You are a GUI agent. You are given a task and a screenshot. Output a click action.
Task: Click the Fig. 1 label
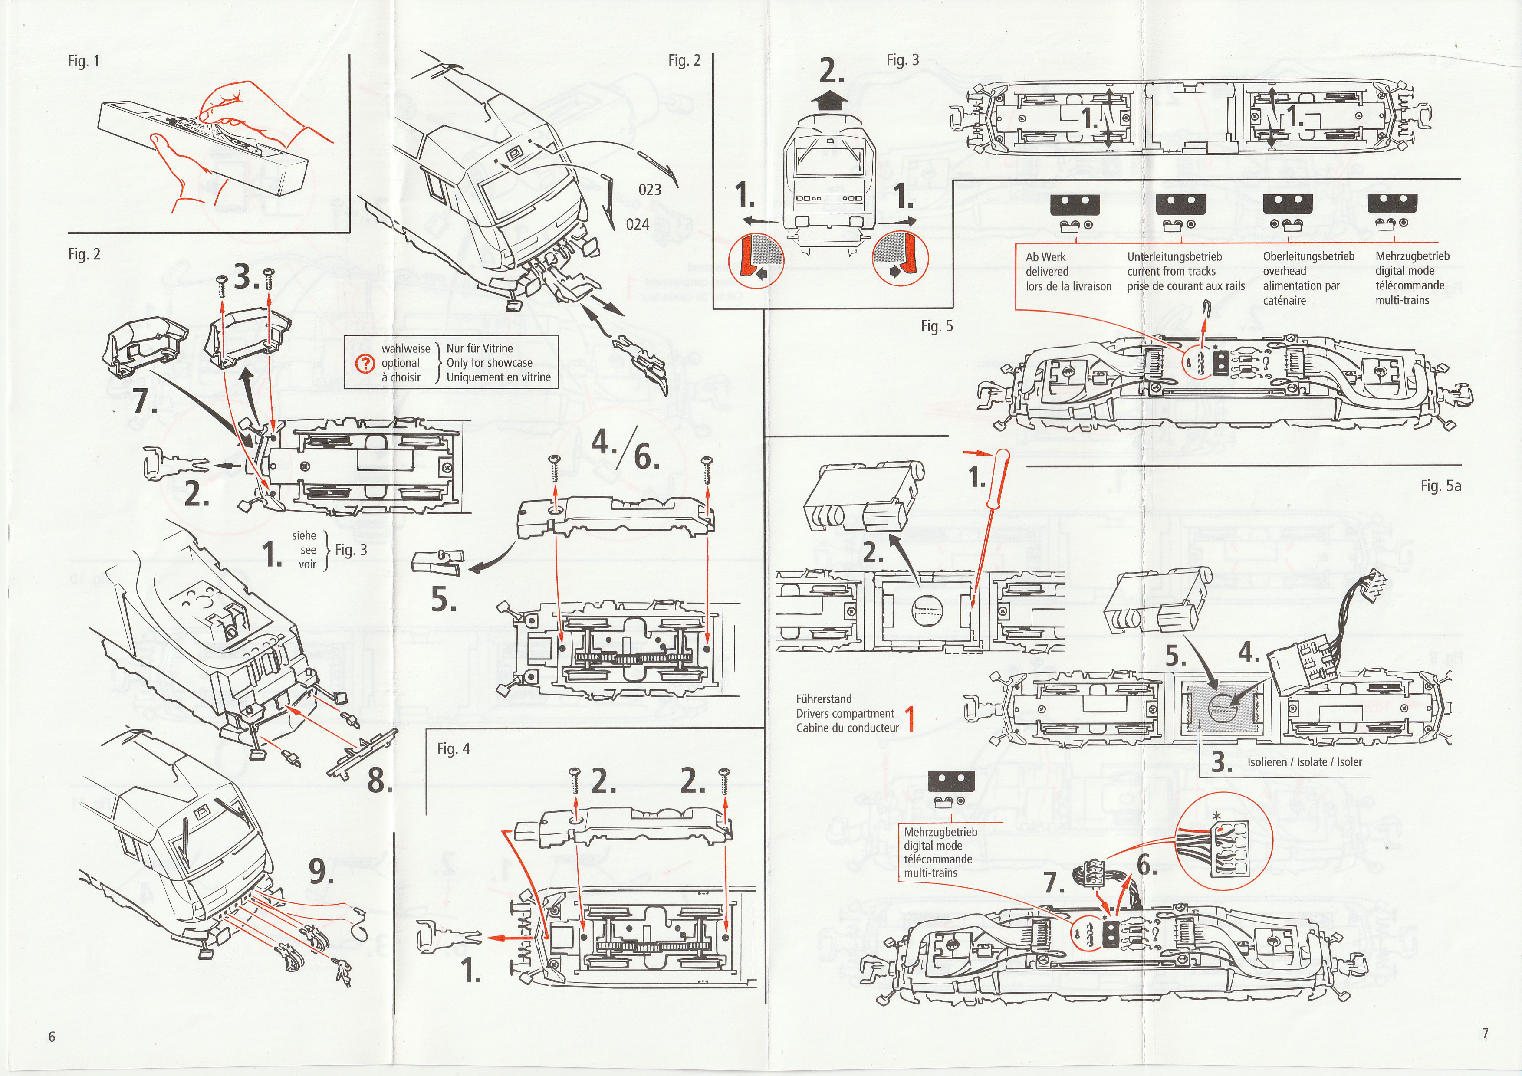pyautogui.click(x=83, y=62)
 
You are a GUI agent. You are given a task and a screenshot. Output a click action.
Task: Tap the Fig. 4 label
pyautogui.click(x=454, y=749)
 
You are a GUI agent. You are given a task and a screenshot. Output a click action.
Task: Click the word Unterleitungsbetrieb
pyautogui.click(x=1174, y=256)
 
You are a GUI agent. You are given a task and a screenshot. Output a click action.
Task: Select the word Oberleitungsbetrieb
pyautogui.click(x=1308, y=256)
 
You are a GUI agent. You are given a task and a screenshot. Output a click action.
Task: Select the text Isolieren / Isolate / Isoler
pyautogui.click(x=1305, y=762)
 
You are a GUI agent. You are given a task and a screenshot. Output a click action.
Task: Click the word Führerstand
pyautogui.click(x=824, y=699)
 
